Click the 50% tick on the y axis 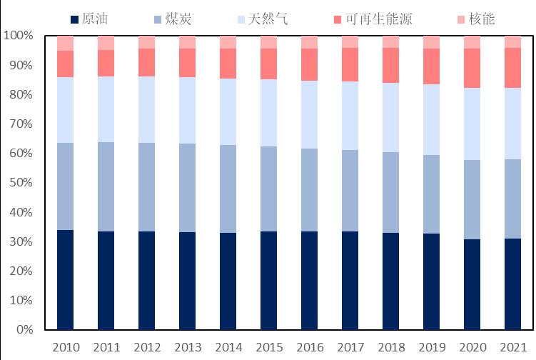(21, 183)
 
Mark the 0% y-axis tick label (24, 330)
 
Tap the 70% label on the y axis (21, 124)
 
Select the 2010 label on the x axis (66, 347)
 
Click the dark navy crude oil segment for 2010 (66, 279)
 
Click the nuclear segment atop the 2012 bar (146, 42)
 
